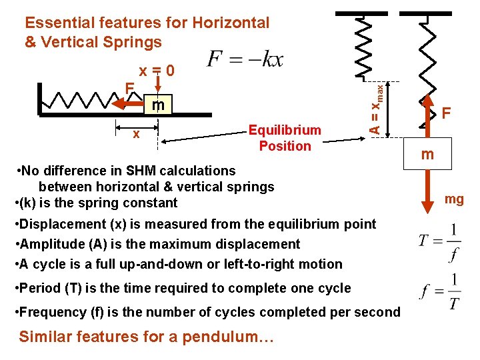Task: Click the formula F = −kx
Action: tap(245, 59)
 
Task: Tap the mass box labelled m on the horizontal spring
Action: tap(158, 105)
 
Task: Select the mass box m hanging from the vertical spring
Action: tap(427, 155)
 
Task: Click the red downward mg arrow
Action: tap(427, 200)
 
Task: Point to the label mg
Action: tap(454, 199)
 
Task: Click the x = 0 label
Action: tap(157, 71)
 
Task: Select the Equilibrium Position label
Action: tap(285, 138)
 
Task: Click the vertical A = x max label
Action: tap(377, 107)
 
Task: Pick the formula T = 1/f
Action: tap(439, 240)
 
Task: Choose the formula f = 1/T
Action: tap(441, 292)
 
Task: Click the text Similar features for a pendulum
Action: tap(147, 336)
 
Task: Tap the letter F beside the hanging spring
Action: tap(445, 114)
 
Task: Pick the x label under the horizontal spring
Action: tap(137, 134)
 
